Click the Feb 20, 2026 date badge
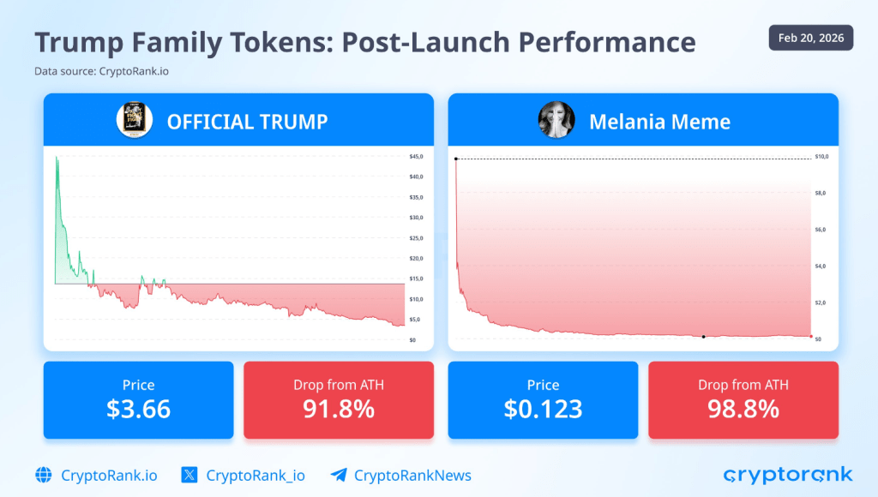tap(810, 38)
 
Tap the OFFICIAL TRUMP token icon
tap(134, 120)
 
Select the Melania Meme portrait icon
tap(556, 120)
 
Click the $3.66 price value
tap(138, 409)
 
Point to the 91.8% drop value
tap(338, 409)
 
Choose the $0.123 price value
tap(543, 409)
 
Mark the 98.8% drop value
tap(743, 409)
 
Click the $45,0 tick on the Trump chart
tap(417, 157)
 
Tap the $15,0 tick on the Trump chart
tap(417, 279)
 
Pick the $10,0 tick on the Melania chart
tap(821, 158)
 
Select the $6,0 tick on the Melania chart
tap(820, 231)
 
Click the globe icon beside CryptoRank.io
tap(44, 475)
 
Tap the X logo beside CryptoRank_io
tap(190, 475)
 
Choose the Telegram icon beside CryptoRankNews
tap(338, 475)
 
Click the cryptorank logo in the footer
tap(788, 475)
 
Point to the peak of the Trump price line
tap(57, 158)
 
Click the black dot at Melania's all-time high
tap(456, 159)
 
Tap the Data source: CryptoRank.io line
tap(101, 71)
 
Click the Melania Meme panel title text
tap(659, 122)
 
